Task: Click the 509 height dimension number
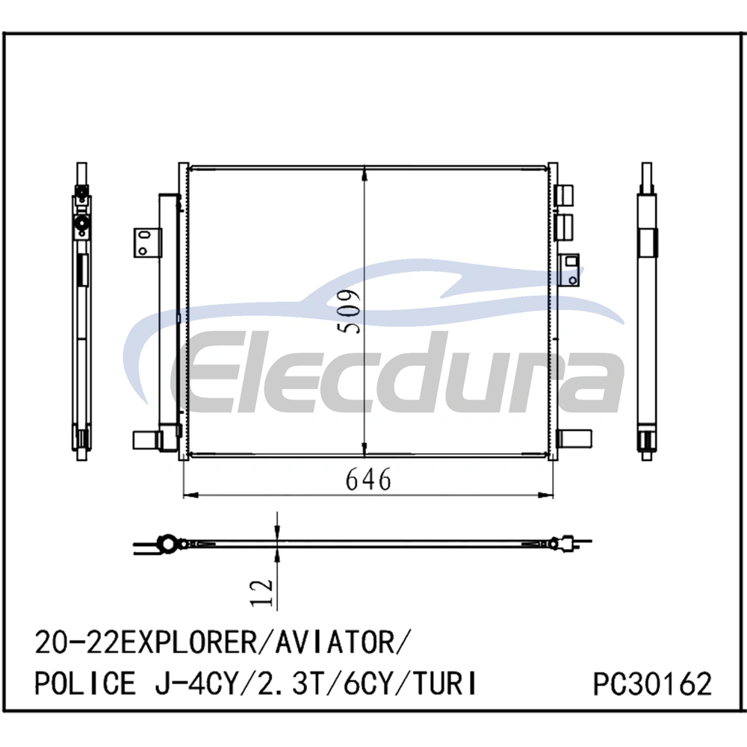347,311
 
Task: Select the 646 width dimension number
368,480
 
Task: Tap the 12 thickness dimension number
262,592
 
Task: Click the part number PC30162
652,684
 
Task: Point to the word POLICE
85,684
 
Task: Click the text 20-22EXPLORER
146,642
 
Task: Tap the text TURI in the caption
444,684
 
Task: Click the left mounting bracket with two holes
147,243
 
